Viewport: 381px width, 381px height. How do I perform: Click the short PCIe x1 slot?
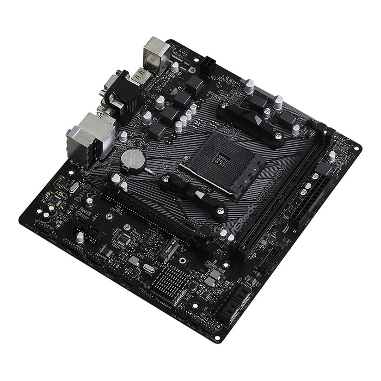(x=88, y=231)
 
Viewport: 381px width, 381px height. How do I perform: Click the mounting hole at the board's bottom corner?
(x=217, y=338)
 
